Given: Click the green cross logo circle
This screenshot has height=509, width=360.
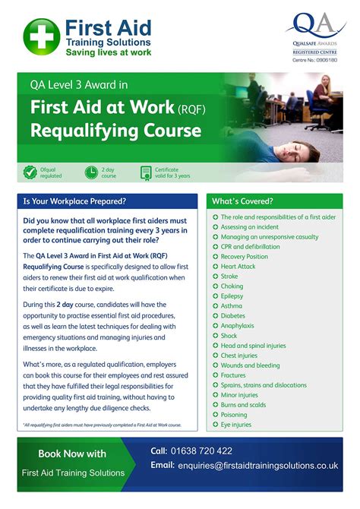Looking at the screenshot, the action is [41, 36].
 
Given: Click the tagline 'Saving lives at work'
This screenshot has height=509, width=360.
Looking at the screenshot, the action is [108, 52].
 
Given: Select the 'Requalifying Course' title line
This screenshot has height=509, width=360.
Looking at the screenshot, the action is [115, 130].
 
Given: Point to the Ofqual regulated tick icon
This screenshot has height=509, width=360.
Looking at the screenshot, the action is [30, 172].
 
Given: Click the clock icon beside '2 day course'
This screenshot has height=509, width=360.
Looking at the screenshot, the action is [91, 172].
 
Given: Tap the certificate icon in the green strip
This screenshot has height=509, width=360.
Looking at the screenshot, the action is [146, 172].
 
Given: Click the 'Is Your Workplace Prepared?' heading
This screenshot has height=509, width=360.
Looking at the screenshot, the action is [74, 201].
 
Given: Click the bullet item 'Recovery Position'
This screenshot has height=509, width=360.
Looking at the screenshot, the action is [244, 257].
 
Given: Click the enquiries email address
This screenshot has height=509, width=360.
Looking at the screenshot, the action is [257, 465].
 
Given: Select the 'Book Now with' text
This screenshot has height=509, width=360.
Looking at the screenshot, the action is [72, 454].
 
